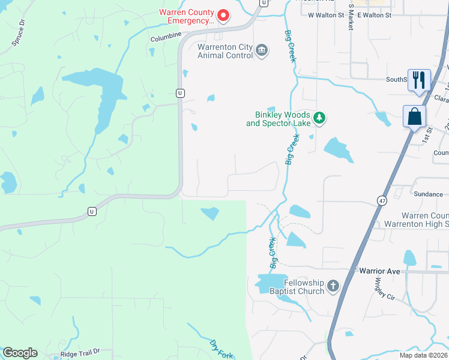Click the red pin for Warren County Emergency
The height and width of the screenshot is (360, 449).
pyautogui.click(x=223, y=15)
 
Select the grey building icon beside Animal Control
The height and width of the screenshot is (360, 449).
pyautogui.click(x=262, y=50)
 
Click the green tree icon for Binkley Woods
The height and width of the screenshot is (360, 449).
pyautogui.click(x=320, y=118)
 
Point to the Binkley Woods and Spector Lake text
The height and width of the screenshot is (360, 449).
pyautogui.click(x=278, y=119)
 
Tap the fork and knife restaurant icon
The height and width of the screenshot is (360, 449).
pyautogui.click(x=418, y=79)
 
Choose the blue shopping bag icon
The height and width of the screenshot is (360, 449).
pyautogui.click(x=415, y=116)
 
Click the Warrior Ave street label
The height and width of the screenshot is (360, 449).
pyautogui.click(x=379, y=271)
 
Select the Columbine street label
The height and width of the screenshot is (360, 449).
pyautogui.click(x=166, y=36)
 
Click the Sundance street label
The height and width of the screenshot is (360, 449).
pyautogui.click(x=429, y=194)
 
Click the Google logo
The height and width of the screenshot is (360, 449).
pyautogui.click(x=19, y=353)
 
